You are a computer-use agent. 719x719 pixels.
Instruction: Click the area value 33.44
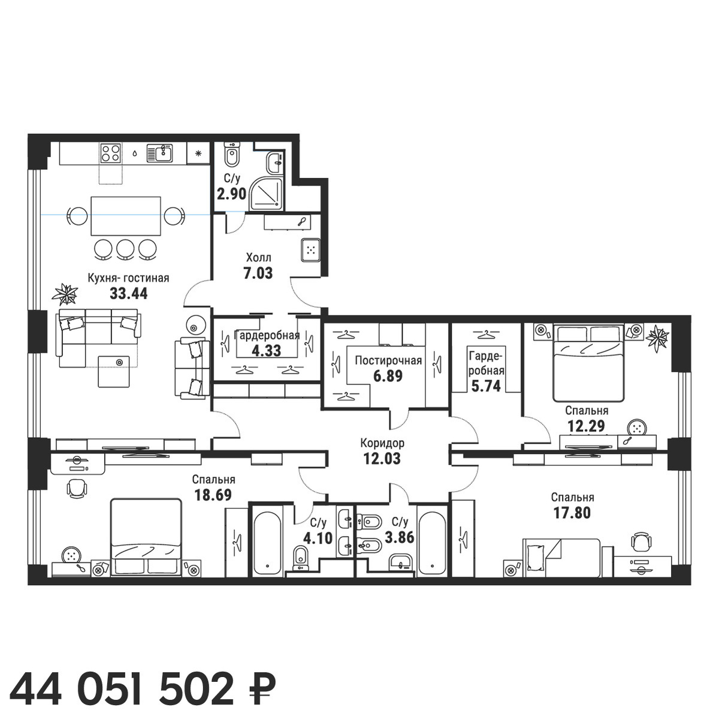click(x=129, y=293)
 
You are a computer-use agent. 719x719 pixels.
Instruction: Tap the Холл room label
click(x=259, y=258)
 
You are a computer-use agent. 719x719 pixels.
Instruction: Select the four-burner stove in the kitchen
click(x=111, y=152)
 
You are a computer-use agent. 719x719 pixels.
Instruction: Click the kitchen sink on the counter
click(x=160, y=153)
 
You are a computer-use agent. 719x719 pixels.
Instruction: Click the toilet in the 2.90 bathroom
click(x=232, y=155)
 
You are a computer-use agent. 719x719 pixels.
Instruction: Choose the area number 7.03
click(x=258, y=273)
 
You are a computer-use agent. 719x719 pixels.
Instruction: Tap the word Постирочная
click(x=388, y=360)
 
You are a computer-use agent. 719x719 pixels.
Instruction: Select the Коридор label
click(x=382, y=443)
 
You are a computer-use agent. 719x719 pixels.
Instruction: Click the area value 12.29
click(x=586, y=426)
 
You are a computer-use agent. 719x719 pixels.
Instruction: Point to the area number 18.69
click(x=213, y=495)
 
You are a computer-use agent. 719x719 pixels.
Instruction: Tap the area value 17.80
click(x=572, y=513)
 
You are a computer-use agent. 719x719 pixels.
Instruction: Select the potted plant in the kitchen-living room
click(x=65, y=295)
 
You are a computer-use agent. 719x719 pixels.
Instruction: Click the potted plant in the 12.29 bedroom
click(x=658, y=338)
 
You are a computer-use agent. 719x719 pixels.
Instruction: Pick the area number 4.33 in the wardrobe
click(x=267, y=351)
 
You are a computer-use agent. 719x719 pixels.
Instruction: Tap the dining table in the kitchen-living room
click(x=126, y=216)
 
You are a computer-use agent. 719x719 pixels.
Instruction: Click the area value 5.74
click(x=485, y=386)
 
